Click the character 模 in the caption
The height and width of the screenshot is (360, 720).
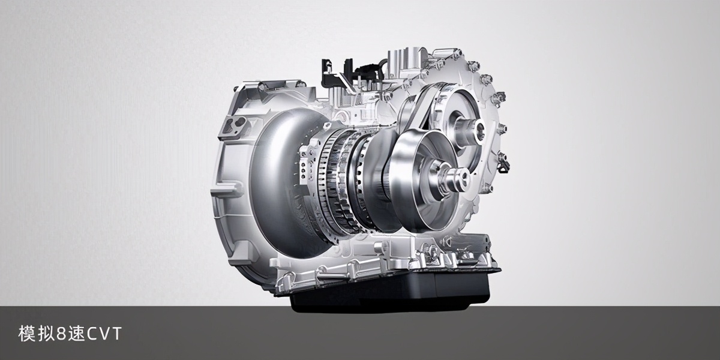click(x=26, y=334)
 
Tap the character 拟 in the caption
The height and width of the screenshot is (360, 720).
click(x=46, y=334)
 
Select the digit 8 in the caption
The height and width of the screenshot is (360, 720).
click(x=61, y=334)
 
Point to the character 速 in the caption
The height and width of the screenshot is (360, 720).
click(x=76, y=334)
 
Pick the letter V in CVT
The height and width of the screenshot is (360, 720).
click(x=106, y=334)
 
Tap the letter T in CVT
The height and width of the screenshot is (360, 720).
click(x=116, y=334)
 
